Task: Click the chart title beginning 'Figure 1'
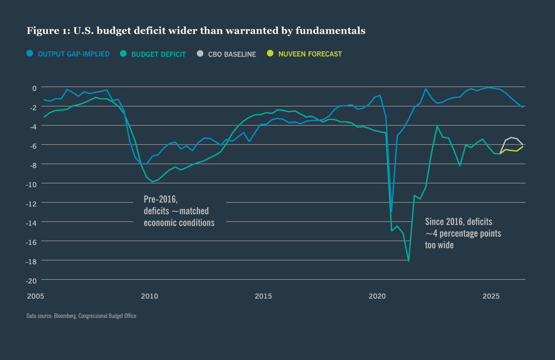pyautogui.click(x=196, y=30)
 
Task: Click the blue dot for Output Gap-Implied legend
pyautogui.click(x=30, y=53)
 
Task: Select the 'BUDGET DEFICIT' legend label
pyautogui.click(x=159, y=54)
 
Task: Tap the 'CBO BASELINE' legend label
pyautogui.click(x=232, y=54)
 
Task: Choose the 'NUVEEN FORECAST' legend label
pyautogui.click(x=310, y=54)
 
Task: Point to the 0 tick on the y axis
pyautogui.click(x=33, y=87)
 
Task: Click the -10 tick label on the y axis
pyautogui.click(x=31, y=183)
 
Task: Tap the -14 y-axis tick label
pyautogui.click(x=31, y=222)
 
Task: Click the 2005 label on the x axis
pyautogui.click(x=35, y=296)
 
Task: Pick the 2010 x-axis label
pyautogui.click(x=149, y=296)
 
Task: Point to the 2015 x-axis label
pyautogui.click(x=263, y=296)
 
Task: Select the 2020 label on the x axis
pyautogui.click(x=377, y=296)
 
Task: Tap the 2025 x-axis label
pyautogui.click(x=491, y=296)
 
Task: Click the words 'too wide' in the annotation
pyautogui.click(x=439, y=245)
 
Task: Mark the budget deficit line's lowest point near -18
pyautogui.click(x=409, y=261)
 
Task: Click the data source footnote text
pyautogui.click(x=81, y=316)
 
